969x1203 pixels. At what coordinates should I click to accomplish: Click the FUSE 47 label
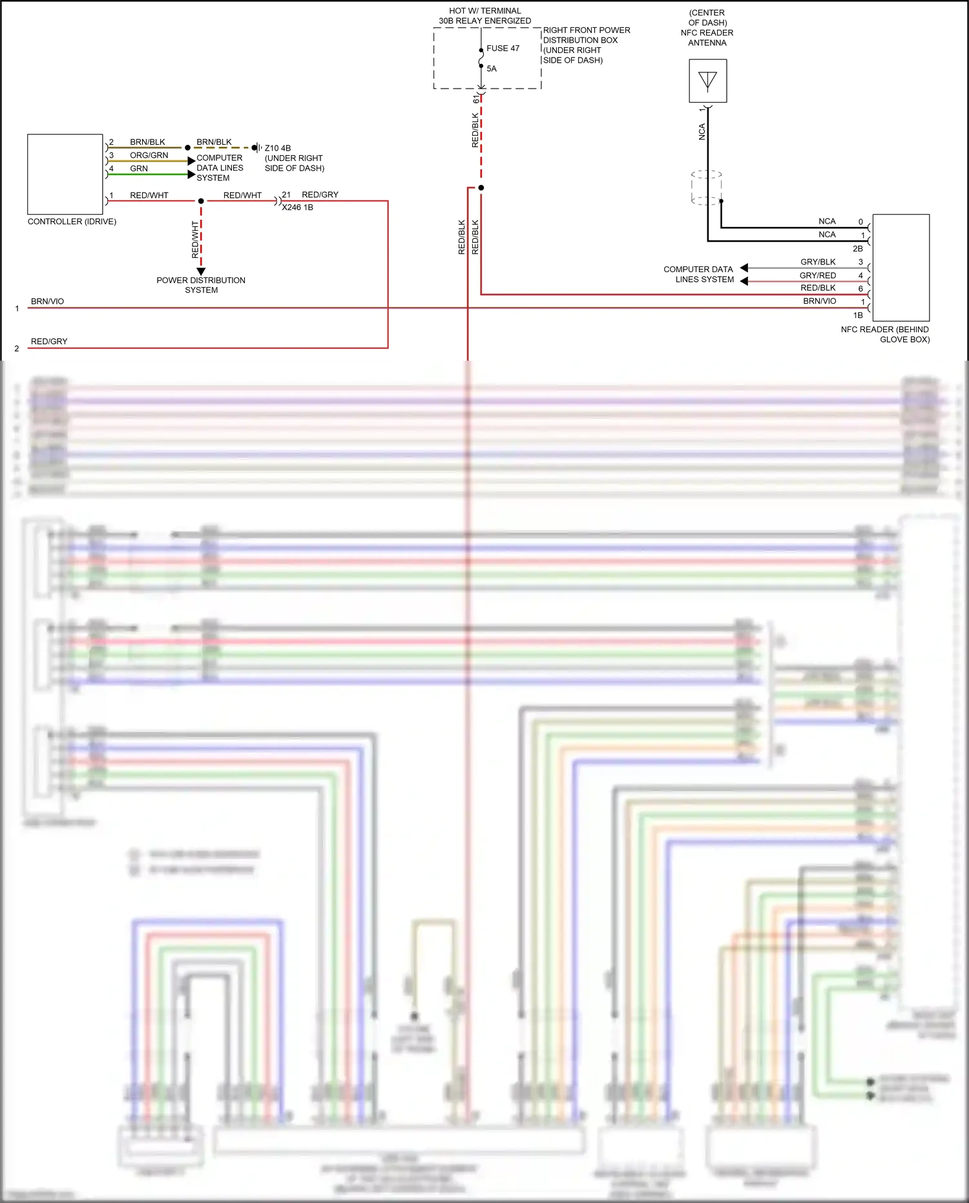pyautogui.click(x=502, y=48)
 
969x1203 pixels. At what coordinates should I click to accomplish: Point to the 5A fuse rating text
pyautogui.click(x=491, y=69)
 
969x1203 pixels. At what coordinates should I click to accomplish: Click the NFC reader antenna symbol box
pyautogui.click(x=707, y=81)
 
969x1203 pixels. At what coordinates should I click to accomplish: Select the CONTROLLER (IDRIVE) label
pyautogui.click(x=72, y=222)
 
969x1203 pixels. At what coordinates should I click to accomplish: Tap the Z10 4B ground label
pyautogui.click(x=278, y=148)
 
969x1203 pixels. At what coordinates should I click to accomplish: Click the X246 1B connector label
pyautogui.click(x=297, y=208)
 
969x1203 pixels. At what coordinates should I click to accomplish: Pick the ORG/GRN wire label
pyautogui.click(x=149, y=155)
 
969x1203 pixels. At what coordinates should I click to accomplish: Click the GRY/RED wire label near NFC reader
pyautogui.click(x=817, y=275)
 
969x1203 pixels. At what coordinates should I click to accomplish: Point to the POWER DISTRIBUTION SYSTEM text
pyautogui.click(x=201, y=285)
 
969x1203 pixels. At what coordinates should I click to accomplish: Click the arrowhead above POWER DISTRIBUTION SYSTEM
pyautogui.click(x=201, y=271)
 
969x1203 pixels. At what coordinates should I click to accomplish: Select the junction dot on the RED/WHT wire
pyautogui.click(x=201, y=201)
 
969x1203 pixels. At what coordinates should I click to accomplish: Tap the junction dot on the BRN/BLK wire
pyautogui.click(x=187, y=148)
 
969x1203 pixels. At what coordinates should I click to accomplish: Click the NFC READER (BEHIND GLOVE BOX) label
pyautogui.click(x=885, y=334)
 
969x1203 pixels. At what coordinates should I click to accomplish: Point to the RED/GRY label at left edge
pyautogui.click(x=49, y=341)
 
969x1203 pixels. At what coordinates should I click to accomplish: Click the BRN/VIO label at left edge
pyautogui.click(x=47, y=301)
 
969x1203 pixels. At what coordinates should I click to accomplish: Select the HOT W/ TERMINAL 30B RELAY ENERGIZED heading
pyautogui.click(x=484, y=16)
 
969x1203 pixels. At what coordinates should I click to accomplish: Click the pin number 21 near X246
pyautogui.click(x=286, y=195)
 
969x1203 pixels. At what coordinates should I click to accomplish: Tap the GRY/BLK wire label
pyautogui.click(x=818, y=262)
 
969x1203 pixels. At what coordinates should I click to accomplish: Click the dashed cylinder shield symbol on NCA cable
pyautogui.click(x=706, y=188)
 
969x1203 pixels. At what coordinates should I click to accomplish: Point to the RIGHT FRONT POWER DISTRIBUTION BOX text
pyautogui.click(x=585, y=45)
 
